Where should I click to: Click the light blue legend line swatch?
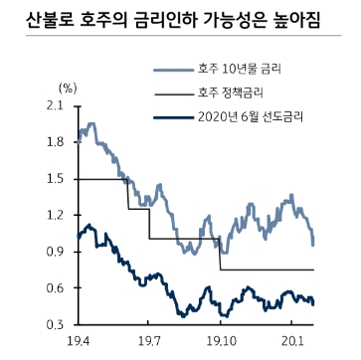point(171,71)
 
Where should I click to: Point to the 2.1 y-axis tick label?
point(56,105)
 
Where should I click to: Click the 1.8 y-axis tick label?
point(56,142)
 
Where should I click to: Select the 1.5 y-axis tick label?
point(56,179)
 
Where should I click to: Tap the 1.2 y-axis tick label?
point(56,216)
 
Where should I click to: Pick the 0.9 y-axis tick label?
point(56,253)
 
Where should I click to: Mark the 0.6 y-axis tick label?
point(56,288)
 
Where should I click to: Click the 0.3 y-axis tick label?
point(56,325)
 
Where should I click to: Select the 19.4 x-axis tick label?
point(77,342)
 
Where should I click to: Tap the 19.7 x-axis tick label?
point(148,342)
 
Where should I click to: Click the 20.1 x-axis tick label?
point(291,342)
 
